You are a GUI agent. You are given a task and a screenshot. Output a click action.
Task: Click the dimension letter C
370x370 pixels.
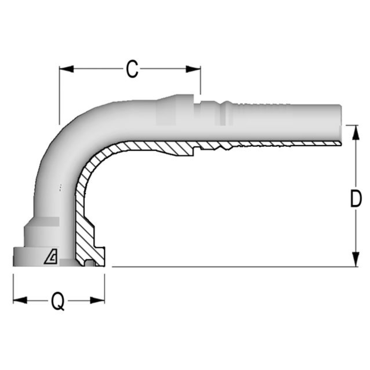coord(132,69)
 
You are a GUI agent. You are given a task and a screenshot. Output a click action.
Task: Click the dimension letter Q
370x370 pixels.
coord(58,301)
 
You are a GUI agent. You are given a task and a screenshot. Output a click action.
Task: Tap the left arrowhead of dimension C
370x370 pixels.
coord(66,69)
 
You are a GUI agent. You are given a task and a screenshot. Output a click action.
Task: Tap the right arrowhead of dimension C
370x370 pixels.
coord(193,69)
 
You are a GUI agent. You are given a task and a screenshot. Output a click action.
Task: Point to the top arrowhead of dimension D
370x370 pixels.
coord(356,132)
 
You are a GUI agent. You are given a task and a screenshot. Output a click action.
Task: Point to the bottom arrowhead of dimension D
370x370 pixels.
coord(356,259)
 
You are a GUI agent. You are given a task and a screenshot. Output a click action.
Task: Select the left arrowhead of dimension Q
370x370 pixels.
coord(20,300)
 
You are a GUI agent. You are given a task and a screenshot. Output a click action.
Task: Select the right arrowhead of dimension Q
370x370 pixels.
coord(97,300)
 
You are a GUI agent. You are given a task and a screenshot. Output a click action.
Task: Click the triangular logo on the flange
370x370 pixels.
coord(51,257)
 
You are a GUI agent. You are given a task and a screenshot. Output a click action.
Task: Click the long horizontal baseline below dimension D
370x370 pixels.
coord(233,267)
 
